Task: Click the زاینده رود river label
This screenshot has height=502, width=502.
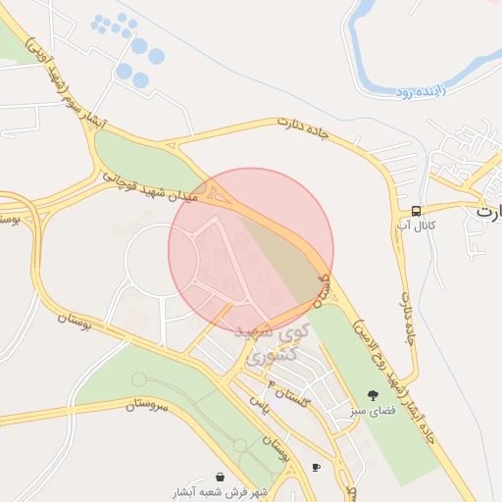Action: click(x=420, y=91)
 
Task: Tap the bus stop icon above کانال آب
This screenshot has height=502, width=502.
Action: click(x=417, y=211)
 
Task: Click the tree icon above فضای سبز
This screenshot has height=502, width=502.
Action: click(x=371, y=396)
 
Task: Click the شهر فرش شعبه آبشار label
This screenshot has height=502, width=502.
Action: click(x=218, y=491)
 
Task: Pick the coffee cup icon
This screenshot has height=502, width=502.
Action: click(x=315, y=467)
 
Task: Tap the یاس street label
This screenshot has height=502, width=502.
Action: click(x=258, y=402)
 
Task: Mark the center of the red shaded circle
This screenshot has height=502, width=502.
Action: click(x=251, y=250)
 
